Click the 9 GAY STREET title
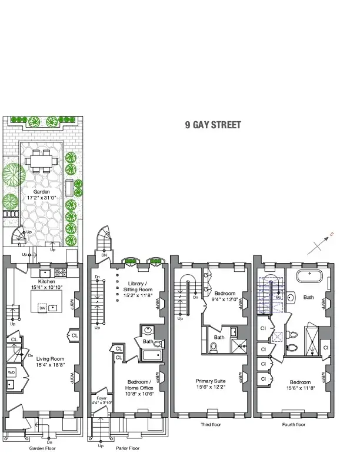click(212, 125)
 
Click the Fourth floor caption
click(293, 424)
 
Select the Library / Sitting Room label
click(140, 287)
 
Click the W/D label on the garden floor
click(11, 372)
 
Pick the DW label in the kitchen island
click(41, 308)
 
